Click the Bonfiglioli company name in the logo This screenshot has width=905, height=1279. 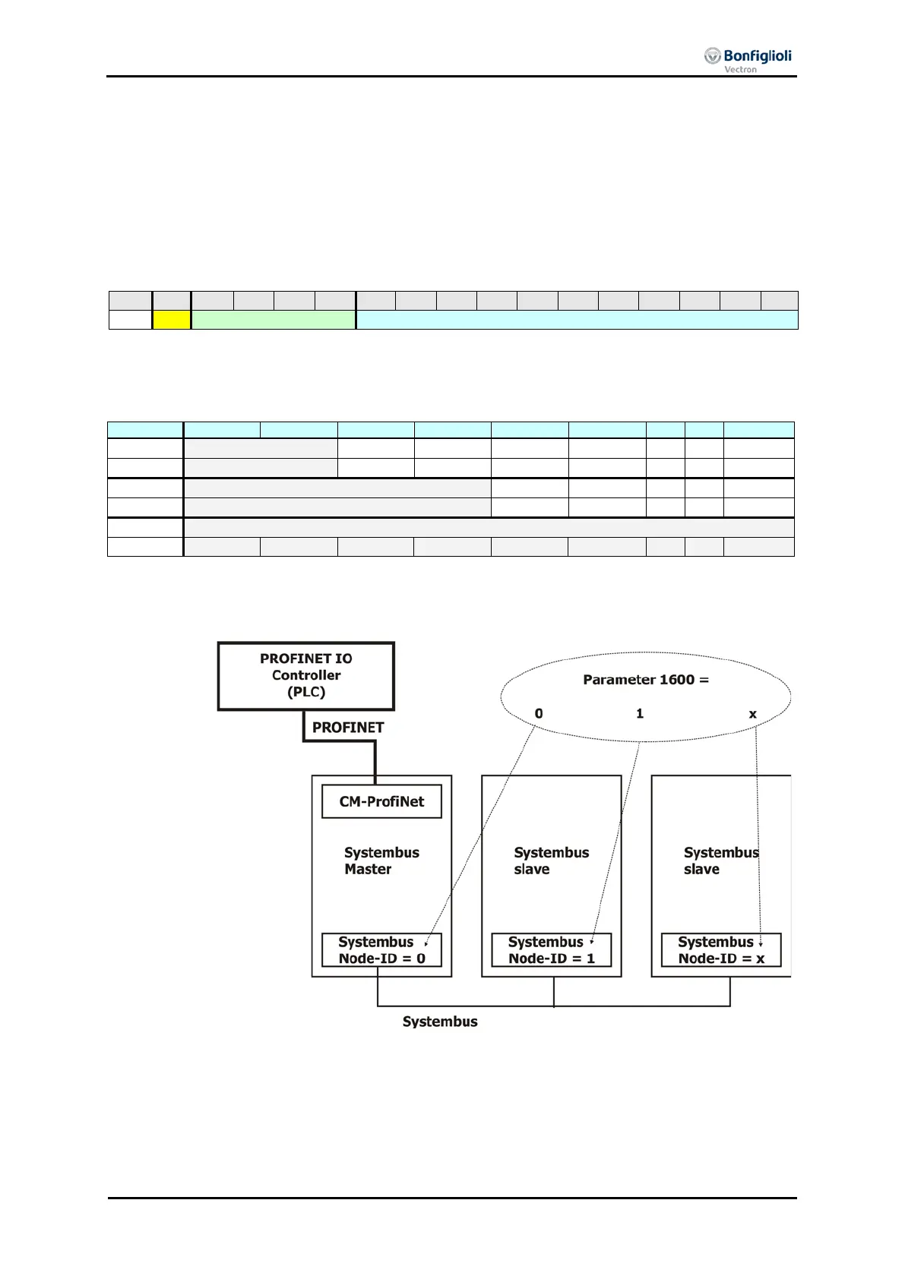757,55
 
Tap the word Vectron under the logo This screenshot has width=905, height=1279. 740,70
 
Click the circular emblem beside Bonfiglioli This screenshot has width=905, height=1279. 712,55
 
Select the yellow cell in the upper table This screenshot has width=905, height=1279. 172,320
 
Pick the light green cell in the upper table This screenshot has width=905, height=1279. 273,320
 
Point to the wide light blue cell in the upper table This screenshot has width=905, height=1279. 577,320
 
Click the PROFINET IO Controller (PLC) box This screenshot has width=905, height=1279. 306,675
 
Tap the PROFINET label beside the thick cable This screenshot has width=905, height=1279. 348,728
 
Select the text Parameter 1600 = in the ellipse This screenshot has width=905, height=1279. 646,680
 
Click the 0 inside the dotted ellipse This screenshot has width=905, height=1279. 539,714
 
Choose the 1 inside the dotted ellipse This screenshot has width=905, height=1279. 640,714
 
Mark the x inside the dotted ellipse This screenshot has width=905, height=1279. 753,714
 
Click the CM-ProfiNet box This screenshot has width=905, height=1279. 381,801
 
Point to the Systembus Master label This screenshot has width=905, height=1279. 381,861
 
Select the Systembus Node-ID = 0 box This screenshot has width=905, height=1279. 381,950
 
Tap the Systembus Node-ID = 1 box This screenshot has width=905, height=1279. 551,950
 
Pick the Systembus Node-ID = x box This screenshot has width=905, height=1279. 721,950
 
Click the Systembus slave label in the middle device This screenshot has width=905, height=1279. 551,861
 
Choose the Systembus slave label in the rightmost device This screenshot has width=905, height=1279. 720,861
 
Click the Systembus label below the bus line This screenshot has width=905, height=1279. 440,1022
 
